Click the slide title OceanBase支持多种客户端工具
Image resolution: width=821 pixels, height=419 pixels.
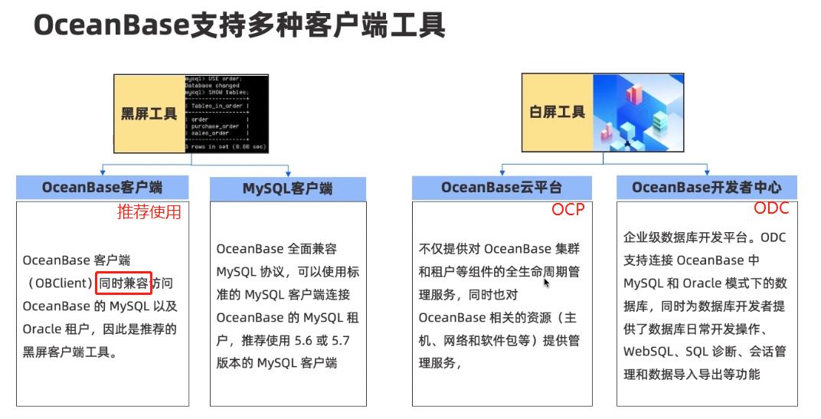(x=240, y=26)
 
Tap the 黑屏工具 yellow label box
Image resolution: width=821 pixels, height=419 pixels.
(x=149, y=113)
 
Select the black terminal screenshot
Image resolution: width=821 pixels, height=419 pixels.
(x=226, y=113)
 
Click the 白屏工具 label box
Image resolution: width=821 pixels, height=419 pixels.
(x=558, y=113)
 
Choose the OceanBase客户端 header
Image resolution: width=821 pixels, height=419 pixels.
(x=102, y=187)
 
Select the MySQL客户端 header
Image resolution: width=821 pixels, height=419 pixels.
(x=288, y=188)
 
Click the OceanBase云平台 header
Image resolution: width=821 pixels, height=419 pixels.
(x=502, y=187)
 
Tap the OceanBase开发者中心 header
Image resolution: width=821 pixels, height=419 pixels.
(x=707, y=187)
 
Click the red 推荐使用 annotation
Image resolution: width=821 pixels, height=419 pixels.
(x=149, y=212)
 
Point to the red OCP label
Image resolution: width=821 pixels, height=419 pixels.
(x=568, y=210)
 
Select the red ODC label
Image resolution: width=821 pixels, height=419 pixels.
(x=770, y=209)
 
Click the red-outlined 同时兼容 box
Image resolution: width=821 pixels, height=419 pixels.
(x=124, y=283)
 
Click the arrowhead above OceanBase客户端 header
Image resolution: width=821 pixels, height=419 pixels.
(x=103, y=172)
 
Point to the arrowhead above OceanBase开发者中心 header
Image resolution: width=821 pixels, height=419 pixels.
(x=707, y=172)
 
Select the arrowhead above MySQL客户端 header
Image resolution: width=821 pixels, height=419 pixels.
(x=288, y=172)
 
